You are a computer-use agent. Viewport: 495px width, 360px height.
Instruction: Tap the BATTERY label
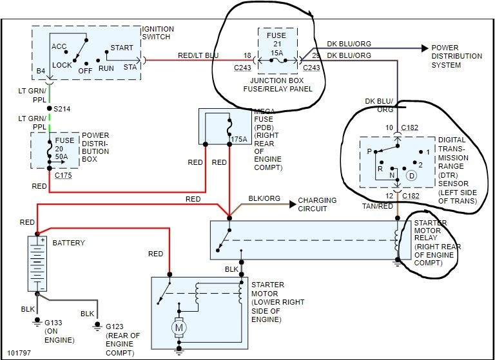(x=69, y=243)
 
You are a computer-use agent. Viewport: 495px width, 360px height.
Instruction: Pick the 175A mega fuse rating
(x=238, y=138)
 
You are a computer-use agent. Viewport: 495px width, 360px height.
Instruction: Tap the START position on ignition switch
(x=122, y=47)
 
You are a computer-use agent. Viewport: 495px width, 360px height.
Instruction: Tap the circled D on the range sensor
(x=411, y=175)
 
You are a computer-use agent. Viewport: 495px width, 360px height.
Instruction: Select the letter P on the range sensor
(x=369, y=152)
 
